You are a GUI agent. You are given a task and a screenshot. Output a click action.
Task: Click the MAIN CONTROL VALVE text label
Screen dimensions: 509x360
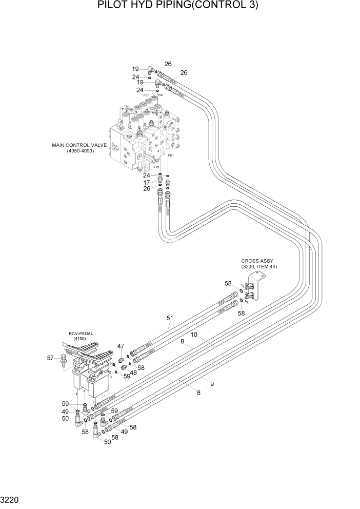79,145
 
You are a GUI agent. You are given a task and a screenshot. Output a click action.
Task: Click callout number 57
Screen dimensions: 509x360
51,358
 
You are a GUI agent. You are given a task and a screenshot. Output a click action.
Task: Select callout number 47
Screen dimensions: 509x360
121,347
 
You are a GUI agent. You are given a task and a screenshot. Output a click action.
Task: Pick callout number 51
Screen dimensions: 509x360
169,318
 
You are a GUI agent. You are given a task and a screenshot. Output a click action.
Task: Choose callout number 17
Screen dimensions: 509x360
147,182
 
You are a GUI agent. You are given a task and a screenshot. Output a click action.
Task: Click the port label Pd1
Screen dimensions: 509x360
146,95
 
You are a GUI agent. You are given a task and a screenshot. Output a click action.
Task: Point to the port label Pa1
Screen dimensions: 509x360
161,95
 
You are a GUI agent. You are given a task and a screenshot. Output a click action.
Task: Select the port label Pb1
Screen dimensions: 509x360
171,155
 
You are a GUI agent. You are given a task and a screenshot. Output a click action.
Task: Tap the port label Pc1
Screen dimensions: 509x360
156,167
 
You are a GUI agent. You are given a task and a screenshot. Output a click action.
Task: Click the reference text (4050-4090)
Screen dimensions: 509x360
80,151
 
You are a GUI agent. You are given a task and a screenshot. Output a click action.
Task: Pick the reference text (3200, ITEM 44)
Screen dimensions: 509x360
259,267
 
